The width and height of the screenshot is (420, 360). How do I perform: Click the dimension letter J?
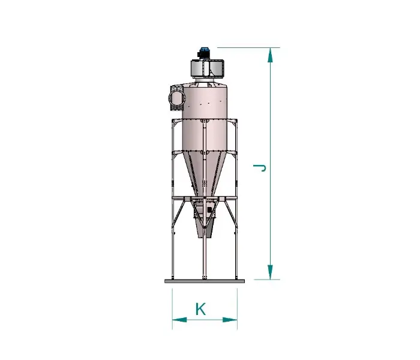259,168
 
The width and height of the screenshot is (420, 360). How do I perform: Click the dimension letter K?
200,309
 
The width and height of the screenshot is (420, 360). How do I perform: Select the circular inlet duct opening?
176,98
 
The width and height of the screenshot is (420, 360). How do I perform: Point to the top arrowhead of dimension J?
270,55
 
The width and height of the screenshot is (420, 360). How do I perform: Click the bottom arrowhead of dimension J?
270,272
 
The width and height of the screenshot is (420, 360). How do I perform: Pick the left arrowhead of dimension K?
179,320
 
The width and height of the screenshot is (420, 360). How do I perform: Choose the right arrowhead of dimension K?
230,320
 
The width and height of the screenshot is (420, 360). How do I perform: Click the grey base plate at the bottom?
205,281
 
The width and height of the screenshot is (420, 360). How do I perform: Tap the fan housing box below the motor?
207,68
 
